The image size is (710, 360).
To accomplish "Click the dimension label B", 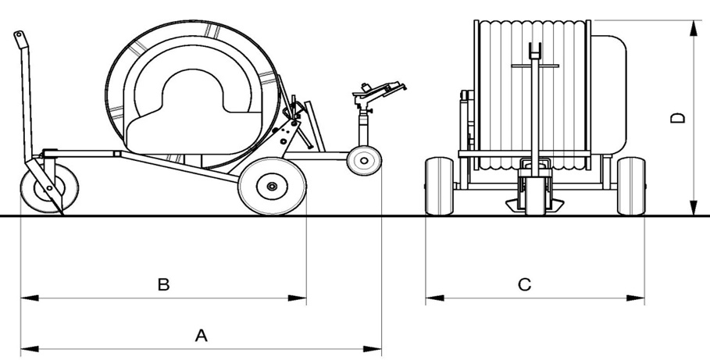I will [x=163, y=284].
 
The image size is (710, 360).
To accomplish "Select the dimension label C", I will [x=525, y=285].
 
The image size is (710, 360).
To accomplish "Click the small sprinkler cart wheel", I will [x=363, y=161].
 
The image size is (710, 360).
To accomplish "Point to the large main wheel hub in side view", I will [x=271, y=186].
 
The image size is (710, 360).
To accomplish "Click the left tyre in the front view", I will [x=439, y=185].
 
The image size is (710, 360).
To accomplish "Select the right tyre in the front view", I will [x=630, y=185].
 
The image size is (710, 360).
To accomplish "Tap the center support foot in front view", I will [x=535, y=204].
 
